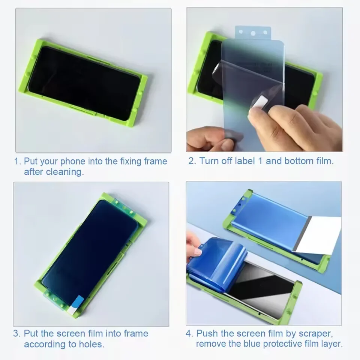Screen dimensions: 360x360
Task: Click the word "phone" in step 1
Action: (x=73, y=162)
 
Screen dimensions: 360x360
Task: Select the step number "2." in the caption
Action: (x=192, y=161)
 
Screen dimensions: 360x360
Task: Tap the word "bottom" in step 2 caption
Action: (x=300, y=161)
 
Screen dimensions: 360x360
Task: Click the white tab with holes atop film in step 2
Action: (x=252, y=33)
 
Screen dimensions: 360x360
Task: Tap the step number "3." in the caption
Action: (x=17, y=333)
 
